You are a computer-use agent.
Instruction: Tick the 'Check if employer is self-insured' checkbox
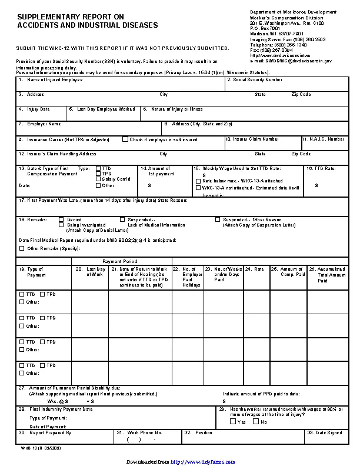pos(125,139)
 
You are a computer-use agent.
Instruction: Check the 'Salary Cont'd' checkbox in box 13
pos(98,179)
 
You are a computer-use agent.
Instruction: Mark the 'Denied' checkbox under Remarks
pos(61,219)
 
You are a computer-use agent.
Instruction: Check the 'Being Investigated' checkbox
pos(61,225)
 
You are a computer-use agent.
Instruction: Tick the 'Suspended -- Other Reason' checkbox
pos(218,219)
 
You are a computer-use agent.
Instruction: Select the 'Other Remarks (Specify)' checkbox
pos(22,248)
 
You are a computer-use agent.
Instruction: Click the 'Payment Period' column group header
pos(120,261)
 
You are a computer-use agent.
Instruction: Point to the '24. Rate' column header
pos(255,269)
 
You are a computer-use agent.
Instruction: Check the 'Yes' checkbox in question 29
pos(233,421)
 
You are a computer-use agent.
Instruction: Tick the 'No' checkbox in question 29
pos(255,421)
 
